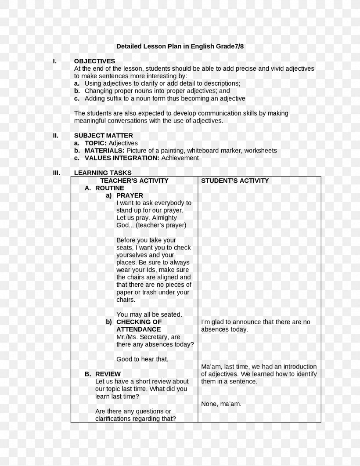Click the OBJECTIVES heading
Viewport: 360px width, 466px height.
click(x=94, y=61)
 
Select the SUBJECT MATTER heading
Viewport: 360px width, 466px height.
click(x=103, y=136)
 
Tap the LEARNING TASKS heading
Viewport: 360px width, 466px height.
click(x=103, y=173)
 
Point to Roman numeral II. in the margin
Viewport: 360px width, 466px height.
click(x=55, y=136)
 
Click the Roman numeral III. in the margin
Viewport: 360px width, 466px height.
click(x=56, y=173)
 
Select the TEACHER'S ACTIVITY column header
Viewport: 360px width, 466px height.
click(x=134, y=181)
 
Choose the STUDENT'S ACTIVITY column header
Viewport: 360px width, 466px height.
click(x=235, y=181)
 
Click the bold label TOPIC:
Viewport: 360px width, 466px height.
click(x=96, y=143)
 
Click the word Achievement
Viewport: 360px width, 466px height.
click(x=180, y=158)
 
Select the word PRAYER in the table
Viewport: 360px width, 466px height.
click(x=130, y=195)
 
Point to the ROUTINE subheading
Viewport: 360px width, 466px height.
click(x=110, y=188)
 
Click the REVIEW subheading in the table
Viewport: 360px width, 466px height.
click(x=108, y=374)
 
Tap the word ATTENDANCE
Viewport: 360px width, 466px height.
click(x=139, y=329)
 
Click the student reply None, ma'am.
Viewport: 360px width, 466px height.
click(x=221, y=404)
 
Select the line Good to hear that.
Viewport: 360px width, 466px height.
click(x=142, y=359)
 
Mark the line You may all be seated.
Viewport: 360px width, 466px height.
click(x=149, y=314)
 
